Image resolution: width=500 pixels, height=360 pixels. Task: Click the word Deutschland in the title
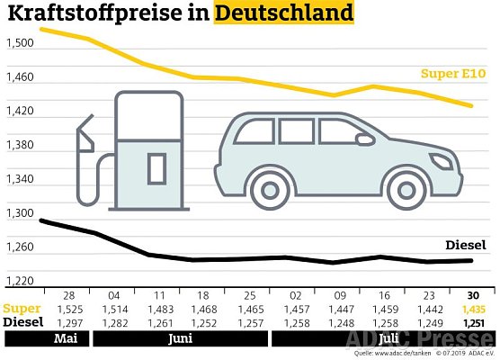click(x=283, y=15)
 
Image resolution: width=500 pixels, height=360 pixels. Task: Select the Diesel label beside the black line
click(x=465, y=245)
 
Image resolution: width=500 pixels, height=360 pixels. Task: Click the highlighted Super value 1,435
click(x=473, y=309)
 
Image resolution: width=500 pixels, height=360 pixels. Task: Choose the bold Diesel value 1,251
click(x=473, y=322)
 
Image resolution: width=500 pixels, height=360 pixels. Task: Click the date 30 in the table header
click(x=473, y=295)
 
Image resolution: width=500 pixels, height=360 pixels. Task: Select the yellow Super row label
click(x=21, y=309)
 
